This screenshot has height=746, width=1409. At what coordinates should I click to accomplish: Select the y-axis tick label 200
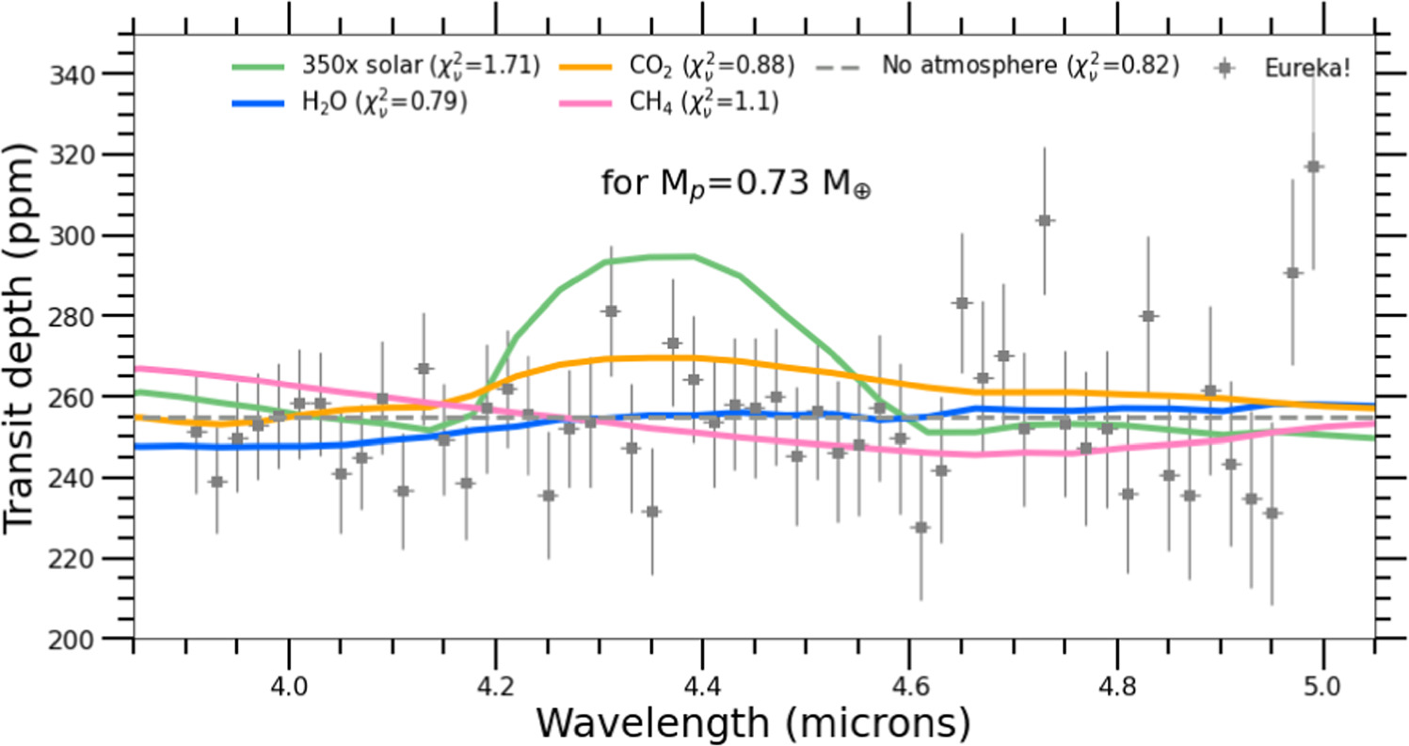[x=98, y=640]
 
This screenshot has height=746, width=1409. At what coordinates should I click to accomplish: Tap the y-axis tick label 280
[x=98, y=316]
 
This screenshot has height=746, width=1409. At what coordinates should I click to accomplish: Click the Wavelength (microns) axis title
[x=740, y=723]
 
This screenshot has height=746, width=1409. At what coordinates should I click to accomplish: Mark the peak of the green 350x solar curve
[x=673, y=256]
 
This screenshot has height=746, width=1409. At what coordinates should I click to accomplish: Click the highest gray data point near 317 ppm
[x=1314, y=167]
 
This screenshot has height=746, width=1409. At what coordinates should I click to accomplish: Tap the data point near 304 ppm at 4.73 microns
[x=1045, y=220]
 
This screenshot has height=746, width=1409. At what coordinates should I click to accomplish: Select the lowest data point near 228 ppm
[x=921, y=528]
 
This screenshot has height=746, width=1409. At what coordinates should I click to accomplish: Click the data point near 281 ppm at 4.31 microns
[x=611, y=310]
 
